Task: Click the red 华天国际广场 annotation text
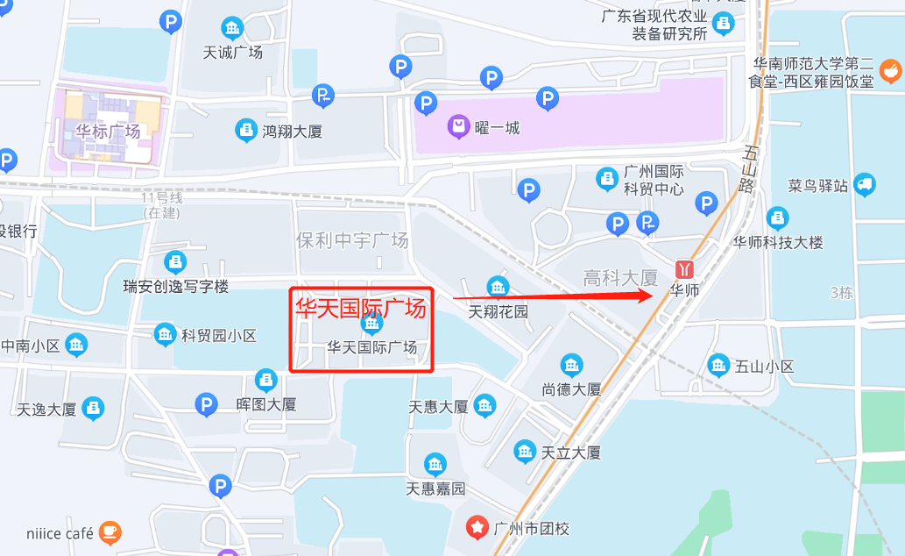[x=360, y=308]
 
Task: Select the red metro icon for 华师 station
[x=683, y=269]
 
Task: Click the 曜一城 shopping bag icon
[x=458, y=128]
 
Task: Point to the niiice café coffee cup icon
[x=110, y=531]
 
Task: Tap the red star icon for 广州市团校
[x=477, y=527]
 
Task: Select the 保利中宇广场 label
[x=352, y=240]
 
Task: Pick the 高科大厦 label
[x=620, y=278]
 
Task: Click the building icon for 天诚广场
[x=232, y=28]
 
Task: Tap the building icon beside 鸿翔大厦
[x=246, y=131]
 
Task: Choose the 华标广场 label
[x=107, y=132]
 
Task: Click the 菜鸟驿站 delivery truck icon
[x=864, y=184]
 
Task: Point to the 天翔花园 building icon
[x=498, y=287]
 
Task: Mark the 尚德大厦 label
[x=571, y=389]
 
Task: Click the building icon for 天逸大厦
[x=93, y=409]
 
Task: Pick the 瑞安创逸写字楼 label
[x=175, y=286]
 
